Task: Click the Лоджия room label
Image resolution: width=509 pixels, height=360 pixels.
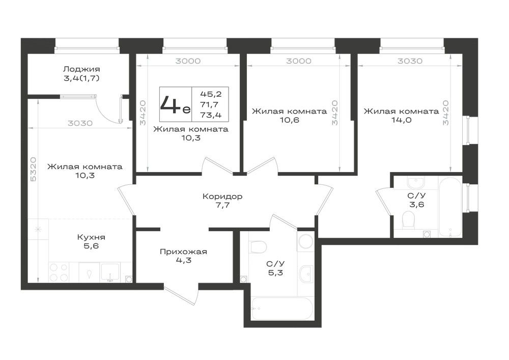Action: tap(81, 69)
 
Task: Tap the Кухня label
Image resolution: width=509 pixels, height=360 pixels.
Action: tap(91, 237)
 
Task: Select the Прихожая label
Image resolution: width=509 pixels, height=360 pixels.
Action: tap(183, 252)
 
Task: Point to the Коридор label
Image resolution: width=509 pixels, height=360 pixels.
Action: tap(222, 197)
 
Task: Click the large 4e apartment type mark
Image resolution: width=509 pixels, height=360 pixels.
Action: tap(175, 104)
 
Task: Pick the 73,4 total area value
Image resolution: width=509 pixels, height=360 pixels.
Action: tap(211, 115)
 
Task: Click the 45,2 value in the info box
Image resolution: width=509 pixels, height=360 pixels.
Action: tap(211, 94)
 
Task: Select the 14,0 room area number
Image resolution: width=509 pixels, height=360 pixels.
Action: tap(402, 120)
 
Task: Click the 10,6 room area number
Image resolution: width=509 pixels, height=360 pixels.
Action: tap(289, 120)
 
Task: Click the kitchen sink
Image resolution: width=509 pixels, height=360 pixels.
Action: tap(110, 272)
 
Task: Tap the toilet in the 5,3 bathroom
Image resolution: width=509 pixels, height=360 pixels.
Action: tap(259, 247)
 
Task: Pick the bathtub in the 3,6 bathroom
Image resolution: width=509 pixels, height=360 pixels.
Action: tap(450, 207)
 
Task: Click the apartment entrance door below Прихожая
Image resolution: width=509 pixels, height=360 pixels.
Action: tap(181, 295)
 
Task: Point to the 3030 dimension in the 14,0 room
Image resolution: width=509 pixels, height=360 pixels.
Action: tap(410, 61)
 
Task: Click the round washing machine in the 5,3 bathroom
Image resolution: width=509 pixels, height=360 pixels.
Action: tap(305, 241)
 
